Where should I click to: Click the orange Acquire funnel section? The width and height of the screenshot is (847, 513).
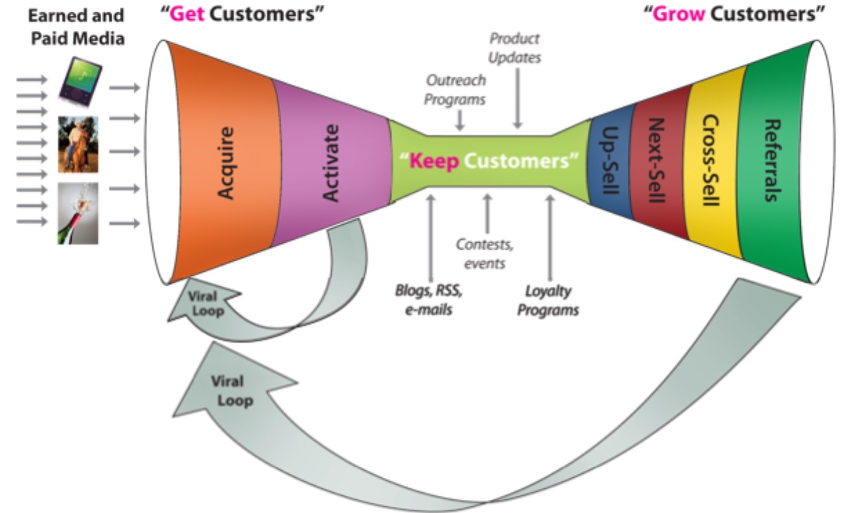pos(225,163)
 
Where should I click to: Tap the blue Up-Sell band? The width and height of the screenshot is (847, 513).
pos(609,161)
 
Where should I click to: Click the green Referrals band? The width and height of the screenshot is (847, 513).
pos(773,161)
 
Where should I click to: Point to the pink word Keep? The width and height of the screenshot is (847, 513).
pos(434,161)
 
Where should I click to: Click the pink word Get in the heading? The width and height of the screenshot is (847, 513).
pos(187,14)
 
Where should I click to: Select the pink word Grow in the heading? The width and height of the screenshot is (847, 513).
pos(679,14)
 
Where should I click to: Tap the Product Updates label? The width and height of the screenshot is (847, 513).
pos(515,48)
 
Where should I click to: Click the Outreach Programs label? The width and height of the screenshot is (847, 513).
pos(456,90)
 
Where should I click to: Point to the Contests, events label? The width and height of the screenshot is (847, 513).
pos(484,254)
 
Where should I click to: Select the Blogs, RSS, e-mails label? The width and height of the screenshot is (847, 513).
pos(429,300)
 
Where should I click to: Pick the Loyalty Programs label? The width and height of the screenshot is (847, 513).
pos(549,301)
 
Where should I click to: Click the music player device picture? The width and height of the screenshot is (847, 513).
pos(80,82)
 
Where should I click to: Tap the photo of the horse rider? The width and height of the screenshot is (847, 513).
pos(79,145)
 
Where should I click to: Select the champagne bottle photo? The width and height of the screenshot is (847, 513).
pos(78,213)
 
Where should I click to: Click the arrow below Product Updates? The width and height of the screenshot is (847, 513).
pos(518,99)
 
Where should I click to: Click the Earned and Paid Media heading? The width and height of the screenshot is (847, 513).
pos(76,27)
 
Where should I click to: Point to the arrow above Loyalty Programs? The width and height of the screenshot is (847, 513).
pos(550,238)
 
